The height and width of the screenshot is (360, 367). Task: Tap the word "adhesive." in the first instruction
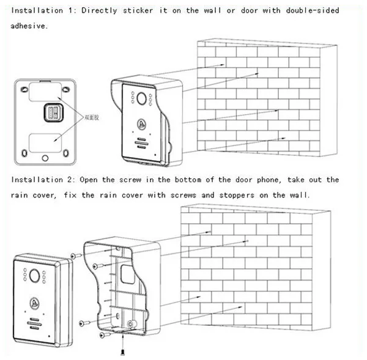[30, 26]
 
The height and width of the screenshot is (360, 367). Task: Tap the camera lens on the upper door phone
[140, 97]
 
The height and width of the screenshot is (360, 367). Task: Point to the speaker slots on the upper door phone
[140, 144]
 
